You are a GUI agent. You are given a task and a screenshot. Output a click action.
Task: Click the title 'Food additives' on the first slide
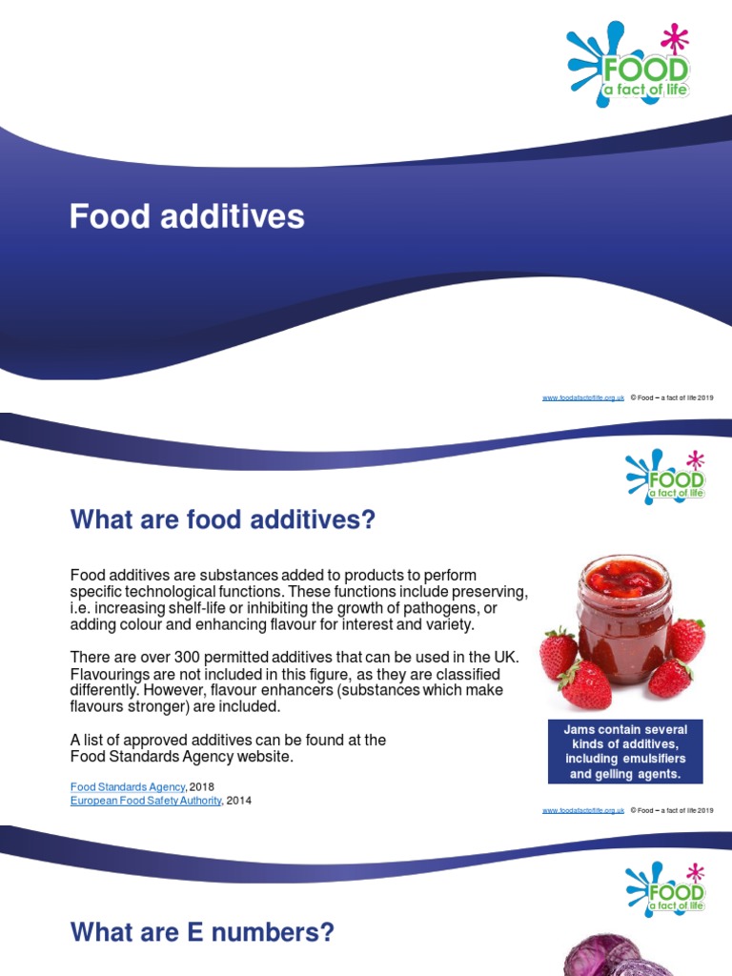coord(187,216)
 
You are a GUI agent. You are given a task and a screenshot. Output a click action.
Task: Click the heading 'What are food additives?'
coord(223,520)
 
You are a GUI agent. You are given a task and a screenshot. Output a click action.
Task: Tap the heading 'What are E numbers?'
coord(202,931)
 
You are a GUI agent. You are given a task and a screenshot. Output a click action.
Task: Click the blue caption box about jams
coord(625,751)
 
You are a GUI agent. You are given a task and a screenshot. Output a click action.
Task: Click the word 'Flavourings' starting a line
coord(108,675)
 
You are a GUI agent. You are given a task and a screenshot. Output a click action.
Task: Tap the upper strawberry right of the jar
coord(686,638)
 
